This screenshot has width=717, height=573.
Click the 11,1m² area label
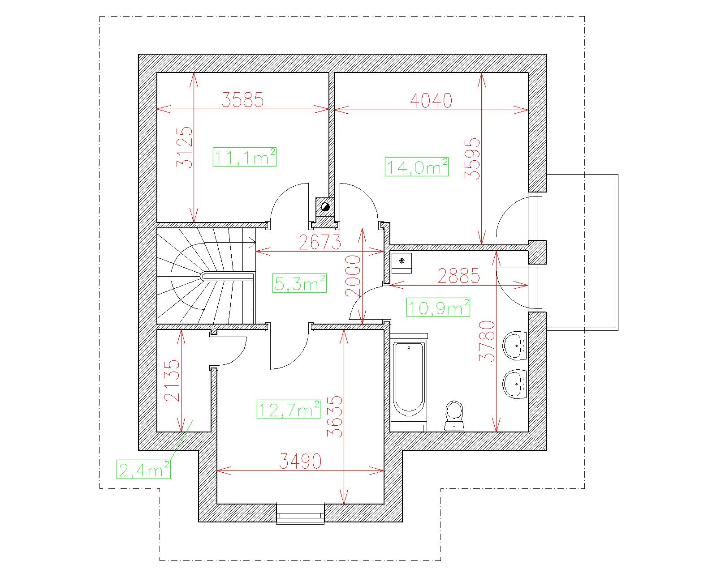[x=245, y=157]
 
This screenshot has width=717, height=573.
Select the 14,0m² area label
[x=416, y=167]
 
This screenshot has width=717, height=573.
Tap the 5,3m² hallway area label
[x=299, y=283]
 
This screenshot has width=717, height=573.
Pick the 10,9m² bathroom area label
[x=438, y=307]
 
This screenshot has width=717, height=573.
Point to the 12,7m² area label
[x=288, y=409]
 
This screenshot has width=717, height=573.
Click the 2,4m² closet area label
[x=143, y=470]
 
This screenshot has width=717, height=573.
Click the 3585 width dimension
[x=242, y=100]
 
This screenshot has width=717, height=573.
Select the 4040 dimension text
[x=431, y=101]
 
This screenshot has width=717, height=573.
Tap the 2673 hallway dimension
[x=320, y=242]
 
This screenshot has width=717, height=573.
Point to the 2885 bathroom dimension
[x=459, y=276]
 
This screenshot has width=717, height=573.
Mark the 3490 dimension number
[x=300, y=461]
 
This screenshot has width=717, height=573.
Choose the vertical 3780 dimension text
[x=487, y=341]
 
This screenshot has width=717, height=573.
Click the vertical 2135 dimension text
[x=172, y=381]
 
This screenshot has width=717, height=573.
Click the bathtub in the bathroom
[x=409, y=379]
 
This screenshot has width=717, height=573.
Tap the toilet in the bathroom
[x=454, y=416]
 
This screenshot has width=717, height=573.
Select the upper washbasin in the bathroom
[x=515, y=346]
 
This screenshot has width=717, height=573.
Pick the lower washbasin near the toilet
[x=515, y=385]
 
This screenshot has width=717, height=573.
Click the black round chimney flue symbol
[x=325, y=207]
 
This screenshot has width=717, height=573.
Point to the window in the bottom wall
[x=300, y=513]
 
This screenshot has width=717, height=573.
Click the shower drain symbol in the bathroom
[x=402, y=261]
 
